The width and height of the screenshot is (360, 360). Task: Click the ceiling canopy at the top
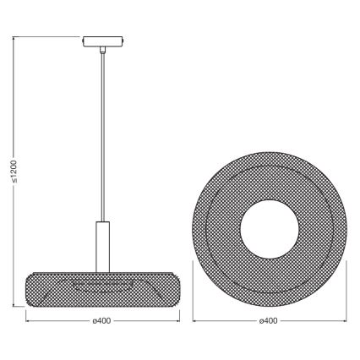pyautogui.click(x=102, y=40)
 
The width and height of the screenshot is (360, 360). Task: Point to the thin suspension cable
pyautogui.click(x=102, y=135)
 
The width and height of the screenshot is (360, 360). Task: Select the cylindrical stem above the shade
pyautogui.click(x=102, y=245)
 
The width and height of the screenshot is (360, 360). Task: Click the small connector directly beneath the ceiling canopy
pyautogui.click(x=102, y=50)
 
